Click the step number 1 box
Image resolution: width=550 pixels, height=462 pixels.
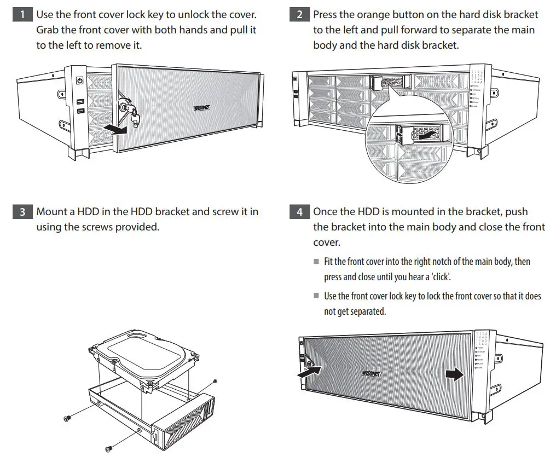(22, 15)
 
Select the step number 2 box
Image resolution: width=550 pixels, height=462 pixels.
(299, 15)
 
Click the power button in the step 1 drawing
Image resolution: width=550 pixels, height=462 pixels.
(80, 80)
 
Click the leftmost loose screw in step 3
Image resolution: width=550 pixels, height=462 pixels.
(67, 419)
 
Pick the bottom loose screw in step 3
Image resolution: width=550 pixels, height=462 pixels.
(108, 448)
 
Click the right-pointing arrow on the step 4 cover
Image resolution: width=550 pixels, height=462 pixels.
(453, 373)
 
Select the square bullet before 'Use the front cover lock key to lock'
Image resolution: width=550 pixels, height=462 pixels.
(316, 295)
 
